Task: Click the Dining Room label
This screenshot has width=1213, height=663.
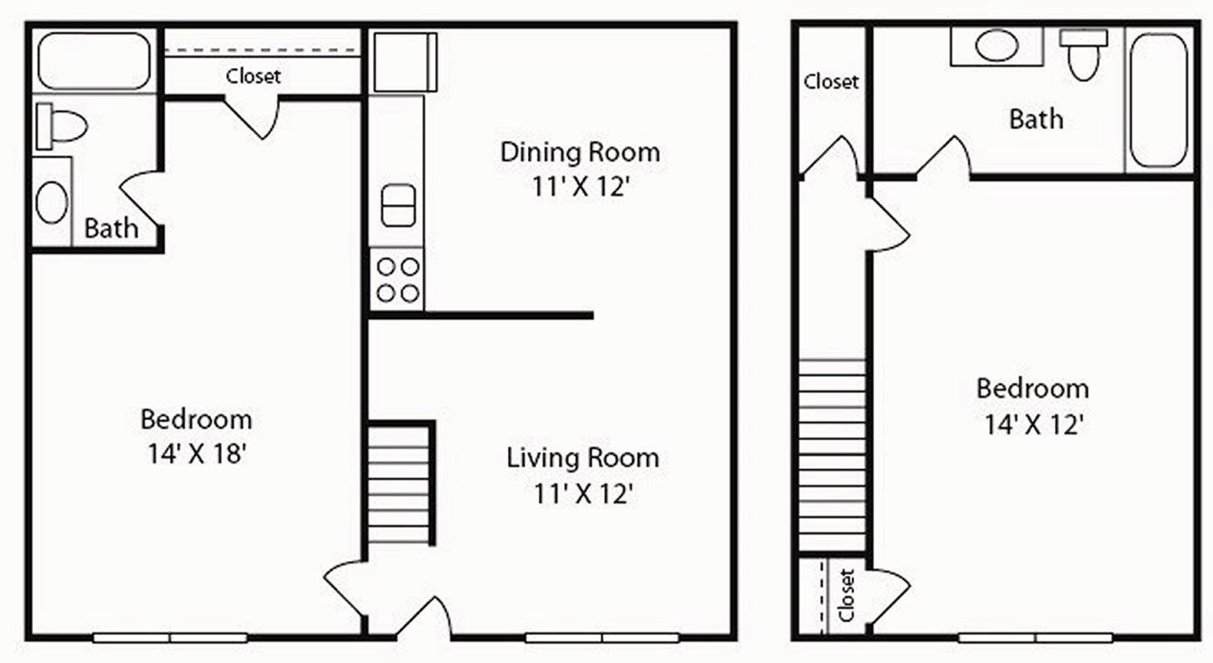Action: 580,152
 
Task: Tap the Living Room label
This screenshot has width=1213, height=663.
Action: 582,457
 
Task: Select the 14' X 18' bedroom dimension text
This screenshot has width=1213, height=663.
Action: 197,452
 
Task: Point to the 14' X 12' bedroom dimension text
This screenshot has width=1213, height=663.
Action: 1033,424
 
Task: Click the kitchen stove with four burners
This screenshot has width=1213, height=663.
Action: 398,280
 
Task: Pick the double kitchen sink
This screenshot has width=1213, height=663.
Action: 399,206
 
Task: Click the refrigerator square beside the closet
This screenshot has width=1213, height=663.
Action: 405,62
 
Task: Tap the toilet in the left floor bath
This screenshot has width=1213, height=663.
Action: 61,126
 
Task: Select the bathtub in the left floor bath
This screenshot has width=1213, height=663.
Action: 94,60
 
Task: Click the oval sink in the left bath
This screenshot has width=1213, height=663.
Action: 52,202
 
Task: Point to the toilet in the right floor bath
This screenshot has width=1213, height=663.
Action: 1084,55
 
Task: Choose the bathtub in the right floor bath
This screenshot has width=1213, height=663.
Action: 1159,101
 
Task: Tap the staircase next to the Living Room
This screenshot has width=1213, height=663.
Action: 401,484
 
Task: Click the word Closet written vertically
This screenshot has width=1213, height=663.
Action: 846,595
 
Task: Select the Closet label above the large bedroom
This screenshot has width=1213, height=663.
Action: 253,76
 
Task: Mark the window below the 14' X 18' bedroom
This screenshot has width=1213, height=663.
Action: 170,638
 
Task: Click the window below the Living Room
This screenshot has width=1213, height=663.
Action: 602,638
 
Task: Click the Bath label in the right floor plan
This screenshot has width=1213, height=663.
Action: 1036,119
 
